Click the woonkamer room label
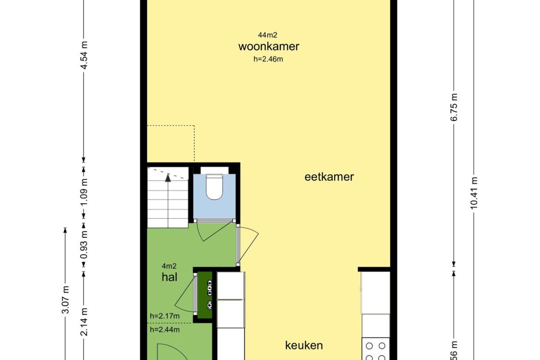(x=269, y=46)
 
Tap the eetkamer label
(x=329, y=177)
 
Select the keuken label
(x=304, y=345)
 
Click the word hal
(x=170, y=277)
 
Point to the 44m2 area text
(x=268, y=35)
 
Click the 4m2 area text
(x=169, y=266)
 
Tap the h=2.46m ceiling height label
(x=268, y=59)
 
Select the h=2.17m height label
(x=165, y=316)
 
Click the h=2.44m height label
(x=165, y=329)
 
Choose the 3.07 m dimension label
(x=66, y=300)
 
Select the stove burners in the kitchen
(x=376, y=351)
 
